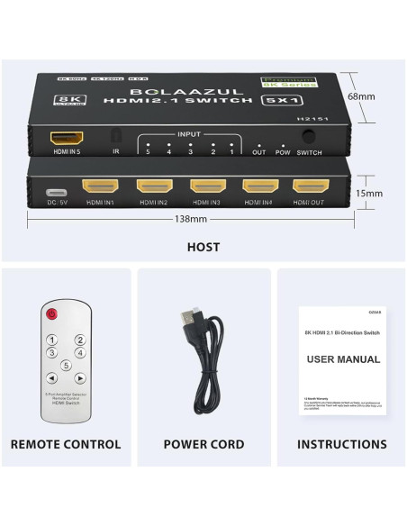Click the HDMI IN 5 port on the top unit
tap(68, 140)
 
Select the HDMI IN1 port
tap(99, 187)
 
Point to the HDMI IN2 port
tap(152, 187)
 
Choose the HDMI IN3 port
tap(205, 187)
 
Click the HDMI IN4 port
tap(258, 187)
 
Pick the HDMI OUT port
tap(309, 187)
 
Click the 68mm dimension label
tap(361, 96)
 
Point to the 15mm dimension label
tap(368, 193)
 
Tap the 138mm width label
tap(191, 218)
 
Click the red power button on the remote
tap(51, 314)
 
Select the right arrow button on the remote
tap(80, 378)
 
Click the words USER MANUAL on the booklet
tap(343, 359)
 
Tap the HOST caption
tap(203, 247)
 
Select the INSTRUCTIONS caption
tap(342, 444)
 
